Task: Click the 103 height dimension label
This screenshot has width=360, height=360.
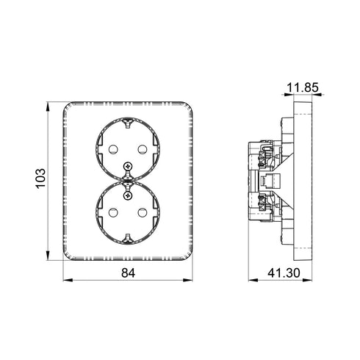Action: (x=40, y=178)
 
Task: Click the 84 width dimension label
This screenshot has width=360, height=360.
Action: (x=128, y=273)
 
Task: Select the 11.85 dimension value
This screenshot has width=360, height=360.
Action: (x=303, y=87)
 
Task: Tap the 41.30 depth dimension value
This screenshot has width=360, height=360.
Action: (x=284, y=273)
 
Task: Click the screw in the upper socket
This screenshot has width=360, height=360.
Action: (x=128, y=167)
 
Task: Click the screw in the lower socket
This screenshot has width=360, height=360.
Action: (x=128, y=195)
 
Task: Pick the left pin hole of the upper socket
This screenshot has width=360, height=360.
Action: (x=113, y=149)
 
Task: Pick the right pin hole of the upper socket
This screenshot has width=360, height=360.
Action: (x=143, y=149)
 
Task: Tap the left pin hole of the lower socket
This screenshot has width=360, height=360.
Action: (x=113, y=212)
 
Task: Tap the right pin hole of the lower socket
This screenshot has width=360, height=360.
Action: (x=143, y=212)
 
